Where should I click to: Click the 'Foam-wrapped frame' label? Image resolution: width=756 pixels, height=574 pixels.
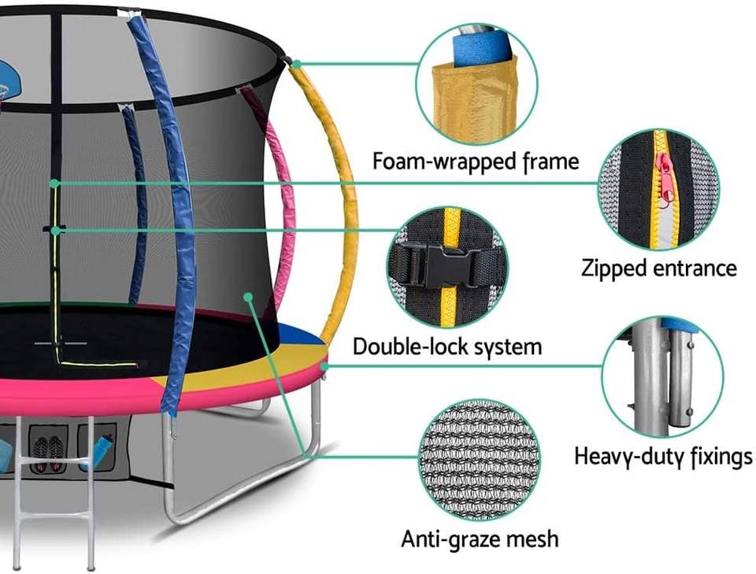pos(475,162)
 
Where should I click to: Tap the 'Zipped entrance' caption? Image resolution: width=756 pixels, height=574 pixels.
pos(658,268)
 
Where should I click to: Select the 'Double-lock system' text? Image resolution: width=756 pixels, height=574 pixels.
pos(447,346)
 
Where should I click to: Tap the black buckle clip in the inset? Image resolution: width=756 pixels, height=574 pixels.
pos(437,265)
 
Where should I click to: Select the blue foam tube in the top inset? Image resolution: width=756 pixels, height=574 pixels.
pos(481,47)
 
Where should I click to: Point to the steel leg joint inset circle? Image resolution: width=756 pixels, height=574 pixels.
pos(661,377)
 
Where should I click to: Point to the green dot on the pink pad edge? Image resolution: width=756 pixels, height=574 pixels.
pos(323,365)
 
